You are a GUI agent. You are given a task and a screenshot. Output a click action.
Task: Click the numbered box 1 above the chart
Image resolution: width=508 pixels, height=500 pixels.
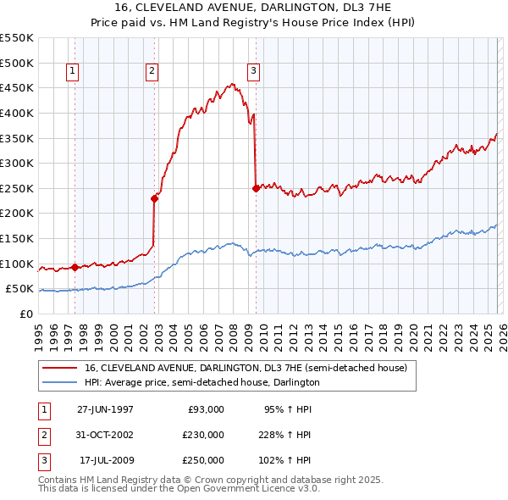click(x=72, y=72)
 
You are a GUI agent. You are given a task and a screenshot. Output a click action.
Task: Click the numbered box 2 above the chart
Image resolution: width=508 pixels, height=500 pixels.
click(x=152, y=72)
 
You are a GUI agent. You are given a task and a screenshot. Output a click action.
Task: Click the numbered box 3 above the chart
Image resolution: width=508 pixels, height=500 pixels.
click(x=253, y=72)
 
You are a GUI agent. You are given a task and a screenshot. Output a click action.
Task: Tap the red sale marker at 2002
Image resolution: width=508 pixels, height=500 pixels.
click(x=155, y=198)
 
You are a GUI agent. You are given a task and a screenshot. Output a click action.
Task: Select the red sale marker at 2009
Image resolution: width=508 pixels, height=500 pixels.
click(x=256, y=188)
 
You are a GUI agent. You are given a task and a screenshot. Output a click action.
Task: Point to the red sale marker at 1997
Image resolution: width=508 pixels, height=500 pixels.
click(x=75, y=267)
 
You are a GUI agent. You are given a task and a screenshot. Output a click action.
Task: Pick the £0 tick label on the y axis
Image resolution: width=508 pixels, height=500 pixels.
click(x=25, y=314)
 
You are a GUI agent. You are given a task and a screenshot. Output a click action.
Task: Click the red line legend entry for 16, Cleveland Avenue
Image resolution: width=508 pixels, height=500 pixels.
click(x=246, y=368)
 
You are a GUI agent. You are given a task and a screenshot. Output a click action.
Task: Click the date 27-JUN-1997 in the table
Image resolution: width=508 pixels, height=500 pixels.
click(x=105, y=409)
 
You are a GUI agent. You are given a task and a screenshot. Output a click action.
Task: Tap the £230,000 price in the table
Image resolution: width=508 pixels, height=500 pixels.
click(x=202, y=435)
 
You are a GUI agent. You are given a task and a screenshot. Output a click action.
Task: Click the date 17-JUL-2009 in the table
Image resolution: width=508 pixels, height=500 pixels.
click(x=106, y=461)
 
